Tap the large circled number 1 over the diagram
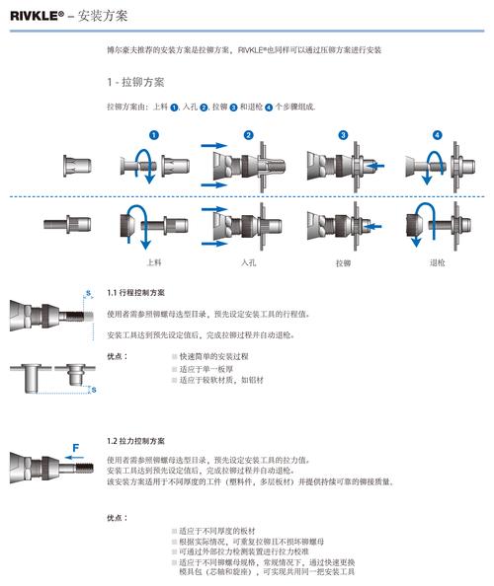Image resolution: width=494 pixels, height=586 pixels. coord(153,134)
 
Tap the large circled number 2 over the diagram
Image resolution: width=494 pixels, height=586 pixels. coord(249,134)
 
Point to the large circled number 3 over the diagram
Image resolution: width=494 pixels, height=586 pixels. coord(343,134)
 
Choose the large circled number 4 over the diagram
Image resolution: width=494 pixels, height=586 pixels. coord(438,134)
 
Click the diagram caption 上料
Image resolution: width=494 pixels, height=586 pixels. coord(154,262)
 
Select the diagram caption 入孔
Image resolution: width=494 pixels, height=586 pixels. coord(248,262)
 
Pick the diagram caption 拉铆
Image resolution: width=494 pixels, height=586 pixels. coord(343,263)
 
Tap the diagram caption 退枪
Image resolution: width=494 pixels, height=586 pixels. coord(438,263)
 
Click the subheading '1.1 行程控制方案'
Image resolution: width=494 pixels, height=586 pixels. coord(136,293)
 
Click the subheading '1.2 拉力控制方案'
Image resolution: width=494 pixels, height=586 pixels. coord(136,440)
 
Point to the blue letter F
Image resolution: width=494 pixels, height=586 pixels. coord(75,447)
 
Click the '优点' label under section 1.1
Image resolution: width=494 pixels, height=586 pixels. coord(116,355)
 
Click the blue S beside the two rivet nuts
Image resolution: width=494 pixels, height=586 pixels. coord(93,391)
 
